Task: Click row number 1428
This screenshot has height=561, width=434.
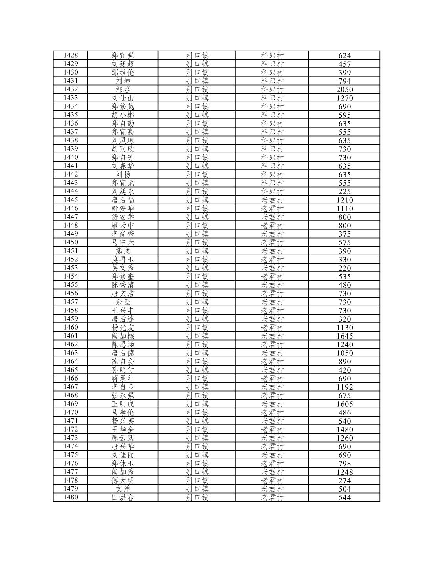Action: (71, 55)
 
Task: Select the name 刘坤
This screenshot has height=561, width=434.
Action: (123, 81)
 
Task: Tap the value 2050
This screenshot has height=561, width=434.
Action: (344, 89)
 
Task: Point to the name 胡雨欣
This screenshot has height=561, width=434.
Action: (123, 149)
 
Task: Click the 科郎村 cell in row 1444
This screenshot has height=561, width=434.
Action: (272, 191)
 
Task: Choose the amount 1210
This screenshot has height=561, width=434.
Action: (344, 200)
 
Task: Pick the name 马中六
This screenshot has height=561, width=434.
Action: (123, 242)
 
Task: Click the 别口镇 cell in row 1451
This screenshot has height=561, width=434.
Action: (197, 251)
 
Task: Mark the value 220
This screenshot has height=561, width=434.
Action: (344, 268)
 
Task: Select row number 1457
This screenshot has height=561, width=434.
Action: (71, 302)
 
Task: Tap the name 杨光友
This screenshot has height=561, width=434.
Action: (123, 327)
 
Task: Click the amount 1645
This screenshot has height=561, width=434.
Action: (344, 336)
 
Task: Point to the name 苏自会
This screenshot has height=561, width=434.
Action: (123, 361)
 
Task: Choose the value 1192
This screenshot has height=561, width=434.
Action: (344, 387)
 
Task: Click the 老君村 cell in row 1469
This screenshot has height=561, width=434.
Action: (272, 404)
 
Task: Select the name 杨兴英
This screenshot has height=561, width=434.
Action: (123, 421)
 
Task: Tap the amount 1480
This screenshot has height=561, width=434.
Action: (344, 430)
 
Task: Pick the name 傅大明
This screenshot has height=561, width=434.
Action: (123, 480)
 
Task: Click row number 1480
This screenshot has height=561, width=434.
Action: (71, 497)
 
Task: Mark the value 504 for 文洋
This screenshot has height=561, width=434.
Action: (344, 489)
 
